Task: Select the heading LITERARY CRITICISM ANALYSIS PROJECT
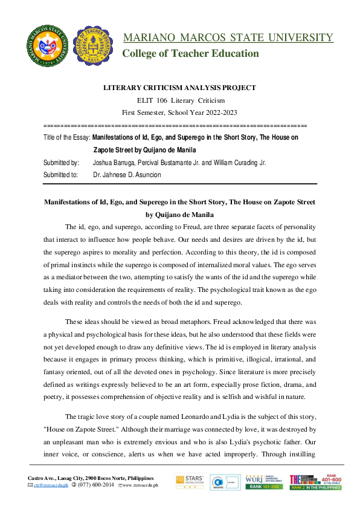click(179, 88)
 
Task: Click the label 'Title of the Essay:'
click(67, 138)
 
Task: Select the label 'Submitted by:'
click(61, 163)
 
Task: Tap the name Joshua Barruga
click(114, 163)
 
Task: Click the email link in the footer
click(48, 485)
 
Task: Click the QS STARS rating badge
click(188, 482)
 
